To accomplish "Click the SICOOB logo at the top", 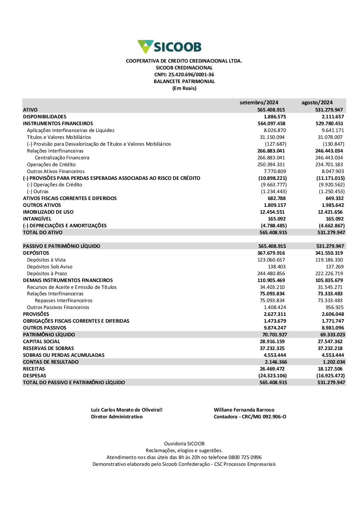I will [x=169, y=47].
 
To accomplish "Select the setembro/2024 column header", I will [x=259, y=103].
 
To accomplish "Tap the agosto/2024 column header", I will [x=317, y=103].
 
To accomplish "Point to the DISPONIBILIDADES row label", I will [x=45, y=117].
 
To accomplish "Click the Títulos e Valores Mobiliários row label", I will [x=59, y=137].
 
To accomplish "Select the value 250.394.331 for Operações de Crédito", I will [x=271, y=164].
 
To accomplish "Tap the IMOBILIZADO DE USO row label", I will [x=48, y=212].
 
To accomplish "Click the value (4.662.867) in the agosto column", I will [x=332, y=226].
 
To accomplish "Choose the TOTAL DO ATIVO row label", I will [x=42, y=232].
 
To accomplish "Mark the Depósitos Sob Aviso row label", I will [x=50, y=267].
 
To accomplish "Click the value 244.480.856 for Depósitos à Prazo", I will [x=271, y=273].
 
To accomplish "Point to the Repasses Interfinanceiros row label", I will [x=64, y=300].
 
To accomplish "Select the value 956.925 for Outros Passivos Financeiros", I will [x=334, y=307].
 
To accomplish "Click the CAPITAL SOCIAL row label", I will [x=41, y=341].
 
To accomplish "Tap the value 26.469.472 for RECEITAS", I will [x=272, y=369].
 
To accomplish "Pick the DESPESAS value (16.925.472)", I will [x=330, y=376].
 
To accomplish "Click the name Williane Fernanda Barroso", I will [x=244, y=410].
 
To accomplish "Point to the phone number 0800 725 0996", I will [x=245, y=457].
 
